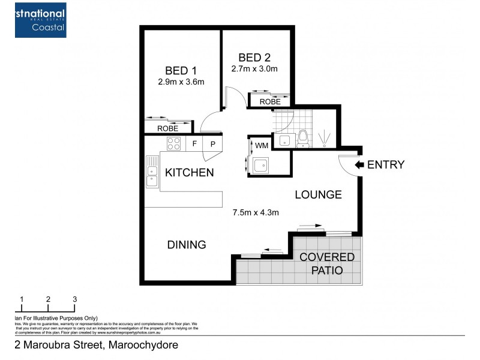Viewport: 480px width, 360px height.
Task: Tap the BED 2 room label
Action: tap(254, 58)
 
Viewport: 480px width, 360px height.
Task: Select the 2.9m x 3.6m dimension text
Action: tap(182, 82)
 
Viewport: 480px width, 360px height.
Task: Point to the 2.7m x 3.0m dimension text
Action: tap(254, 69)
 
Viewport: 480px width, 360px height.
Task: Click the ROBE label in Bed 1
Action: tap(167, 128)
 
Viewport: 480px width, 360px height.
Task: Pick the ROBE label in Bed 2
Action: tap(270, 102)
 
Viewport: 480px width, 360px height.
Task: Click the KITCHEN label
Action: tap(190, 173)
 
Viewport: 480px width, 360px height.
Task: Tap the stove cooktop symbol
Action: tap(174, 143)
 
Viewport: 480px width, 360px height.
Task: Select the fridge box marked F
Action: tap(194, 144)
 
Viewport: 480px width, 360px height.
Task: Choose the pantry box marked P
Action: tap(213, 144)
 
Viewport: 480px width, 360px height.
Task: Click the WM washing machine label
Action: tap(262, 145)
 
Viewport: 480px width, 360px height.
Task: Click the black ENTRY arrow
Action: tap(359, 164)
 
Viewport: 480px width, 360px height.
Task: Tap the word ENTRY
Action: tap(386, 165)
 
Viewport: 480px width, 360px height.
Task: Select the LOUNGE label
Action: tap(318, 194)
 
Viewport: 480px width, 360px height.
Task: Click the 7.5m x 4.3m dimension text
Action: tap(256, 212)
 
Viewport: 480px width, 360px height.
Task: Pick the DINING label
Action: tap(187, 245)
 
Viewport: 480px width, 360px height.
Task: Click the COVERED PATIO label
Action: tap(327, 264)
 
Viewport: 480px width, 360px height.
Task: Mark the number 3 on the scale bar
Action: tap(75, 299)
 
